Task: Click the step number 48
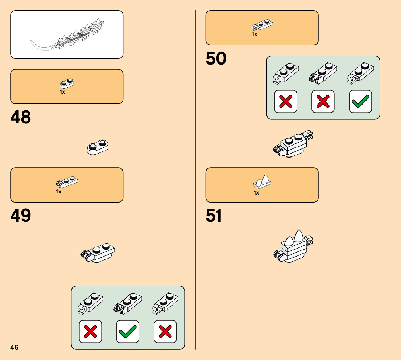coord(21,118)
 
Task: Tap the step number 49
coord(21,216)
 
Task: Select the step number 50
coord(216,59)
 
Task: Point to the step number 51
coord(214,216)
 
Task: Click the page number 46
coord(15,347)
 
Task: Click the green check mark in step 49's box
coord(128,331)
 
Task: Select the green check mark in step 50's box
coord(360,101)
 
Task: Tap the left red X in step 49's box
coord(90,331)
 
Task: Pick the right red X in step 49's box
coord(165,331)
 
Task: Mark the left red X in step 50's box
coord(286,101)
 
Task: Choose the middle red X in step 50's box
coord(323,101)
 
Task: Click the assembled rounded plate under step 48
coord(98,147)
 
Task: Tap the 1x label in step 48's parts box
coord(62,92)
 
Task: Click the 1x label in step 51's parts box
coord(256,193)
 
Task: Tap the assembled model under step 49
coord(98,252)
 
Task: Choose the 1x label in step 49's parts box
coord(58,192)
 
